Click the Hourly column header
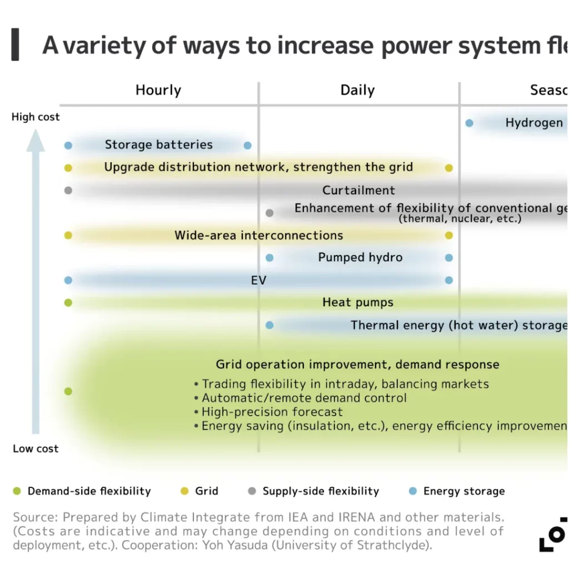pos(158,90)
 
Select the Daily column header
pos(357,90)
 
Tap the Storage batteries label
pos(158,145)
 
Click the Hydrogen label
pos(534,123)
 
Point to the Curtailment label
pos(358,190)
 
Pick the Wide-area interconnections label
pos(258,235)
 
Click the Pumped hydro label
pos(360,257)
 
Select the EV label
pos(258,280)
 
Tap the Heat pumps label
pos(358,302)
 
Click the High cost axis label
pos(36,117)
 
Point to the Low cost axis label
pos(36,448)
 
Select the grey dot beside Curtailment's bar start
pos(68,190)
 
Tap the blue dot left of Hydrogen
pos(469,123)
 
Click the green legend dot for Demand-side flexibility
pos(17,491)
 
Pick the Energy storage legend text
pos(464,491)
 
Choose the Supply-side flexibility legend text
pos(321,491)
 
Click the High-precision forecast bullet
pos(272,412)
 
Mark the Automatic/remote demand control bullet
pos(303,398)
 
